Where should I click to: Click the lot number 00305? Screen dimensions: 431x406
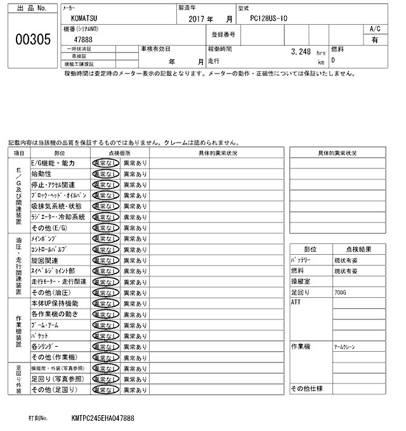pyautogui.click(x=32, y=40)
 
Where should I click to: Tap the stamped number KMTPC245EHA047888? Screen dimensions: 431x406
pyautogui.click(x=103, y=419)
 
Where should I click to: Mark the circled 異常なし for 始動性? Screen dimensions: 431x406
pyautogui.click(x=105, y=174)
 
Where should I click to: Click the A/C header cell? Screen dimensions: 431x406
pyautogui.click(x=374, y=29)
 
